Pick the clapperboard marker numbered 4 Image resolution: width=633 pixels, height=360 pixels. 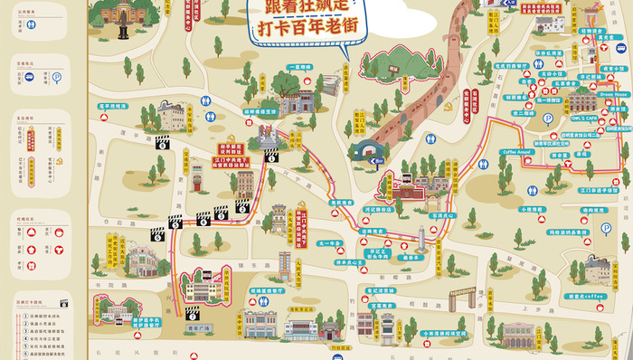(x=203, y=220)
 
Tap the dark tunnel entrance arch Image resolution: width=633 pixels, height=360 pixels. (x=368, y=150)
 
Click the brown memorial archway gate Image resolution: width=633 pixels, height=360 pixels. (x=462, y=295)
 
